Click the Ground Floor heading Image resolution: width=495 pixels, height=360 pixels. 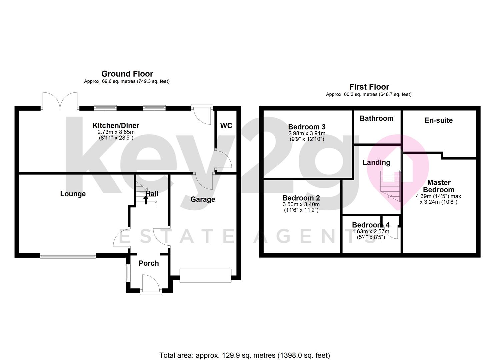(x=127, y=74)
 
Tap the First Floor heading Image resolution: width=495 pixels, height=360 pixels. (x=369, y=87)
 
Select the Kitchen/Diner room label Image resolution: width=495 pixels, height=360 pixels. (x=116, y=126)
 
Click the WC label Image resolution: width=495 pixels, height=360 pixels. (x=226, y=126)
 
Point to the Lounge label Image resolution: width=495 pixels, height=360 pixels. (x=73, y=194)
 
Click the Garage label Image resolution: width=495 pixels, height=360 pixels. (x=203, y=199)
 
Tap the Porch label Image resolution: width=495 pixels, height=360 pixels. (x=149, y=263)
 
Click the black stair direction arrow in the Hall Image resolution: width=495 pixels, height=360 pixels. (x=146, y=200)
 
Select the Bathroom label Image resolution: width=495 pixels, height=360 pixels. (x=377, y=118)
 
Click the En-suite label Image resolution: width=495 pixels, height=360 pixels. (x=439, y=120)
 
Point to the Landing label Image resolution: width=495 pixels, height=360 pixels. (x=377, y=163)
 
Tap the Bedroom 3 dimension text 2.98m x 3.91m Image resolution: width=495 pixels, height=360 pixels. (x=307, y=133)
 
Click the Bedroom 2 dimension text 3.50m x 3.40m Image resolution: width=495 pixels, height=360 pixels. (x=301, y=204)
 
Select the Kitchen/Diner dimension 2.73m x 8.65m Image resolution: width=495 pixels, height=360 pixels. (x=116, y=132)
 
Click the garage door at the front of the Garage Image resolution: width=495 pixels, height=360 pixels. (x=206, y=275)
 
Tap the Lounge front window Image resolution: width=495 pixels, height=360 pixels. (x=68, y=256)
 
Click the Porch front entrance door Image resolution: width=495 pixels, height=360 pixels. (x=151, y=285)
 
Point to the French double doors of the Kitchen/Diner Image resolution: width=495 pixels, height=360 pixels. (x=60, y=101)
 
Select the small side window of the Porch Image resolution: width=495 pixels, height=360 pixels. (x=127, y=273)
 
